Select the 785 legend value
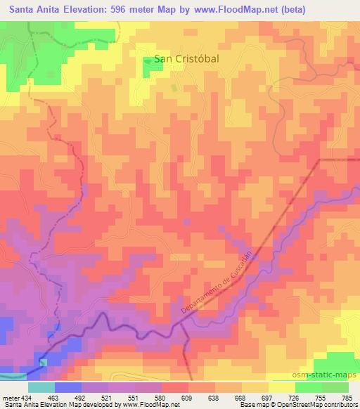coord(347,397)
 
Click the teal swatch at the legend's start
coord(41,387)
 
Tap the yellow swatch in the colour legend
coord(283,387)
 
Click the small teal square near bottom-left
coord(44,363)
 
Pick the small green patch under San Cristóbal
coord(174,87)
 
